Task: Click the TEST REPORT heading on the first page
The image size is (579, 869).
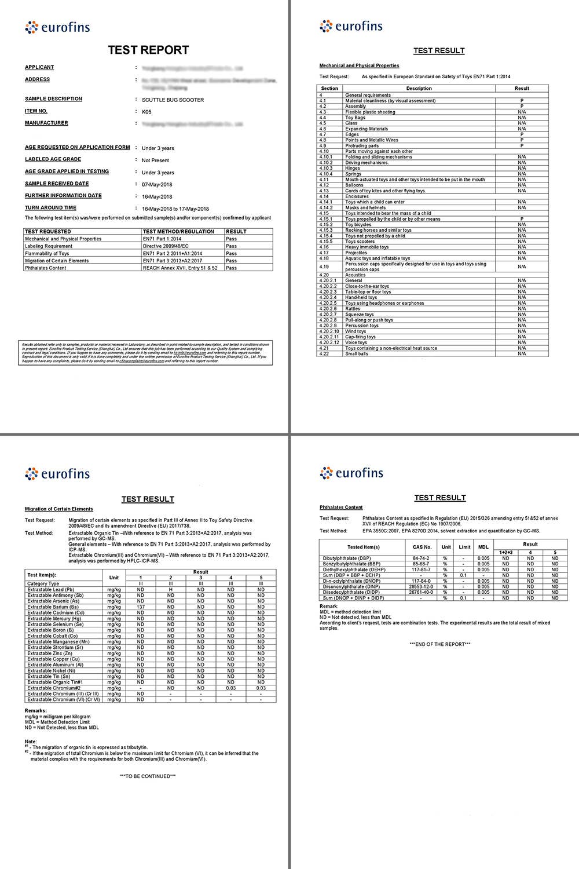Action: coord(148,50)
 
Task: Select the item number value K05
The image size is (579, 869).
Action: coord(146,112)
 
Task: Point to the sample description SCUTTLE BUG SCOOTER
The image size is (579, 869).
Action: coord(173,100)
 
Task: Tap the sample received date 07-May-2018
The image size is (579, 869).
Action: coord(157,185)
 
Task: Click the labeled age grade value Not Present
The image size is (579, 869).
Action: coord(155,160)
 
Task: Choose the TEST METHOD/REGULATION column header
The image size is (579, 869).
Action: coord(178,232)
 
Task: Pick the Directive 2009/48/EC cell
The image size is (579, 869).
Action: coord(166,246)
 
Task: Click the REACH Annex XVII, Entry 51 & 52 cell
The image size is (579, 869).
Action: coord(180,268)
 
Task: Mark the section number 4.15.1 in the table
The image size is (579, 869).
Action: coord(326,219)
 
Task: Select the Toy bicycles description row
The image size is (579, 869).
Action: coord(358,225)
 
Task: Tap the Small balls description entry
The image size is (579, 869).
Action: coord(357,354)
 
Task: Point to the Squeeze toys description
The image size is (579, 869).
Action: coord(360,315)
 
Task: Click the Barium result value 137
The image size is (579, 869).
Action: coord(141,607)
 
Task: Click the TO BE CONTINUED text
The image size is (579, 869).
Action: coord(148,776)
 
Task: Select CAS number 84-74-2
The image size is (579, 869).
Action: coord(421,558)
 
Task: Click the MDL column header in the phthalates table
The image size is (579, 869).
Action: coord(483,547)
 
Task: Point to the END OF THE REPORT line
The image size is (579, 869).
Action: coord(439,644)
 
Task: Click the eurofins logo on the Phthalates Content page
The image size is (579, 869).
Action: coord(351,473)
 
